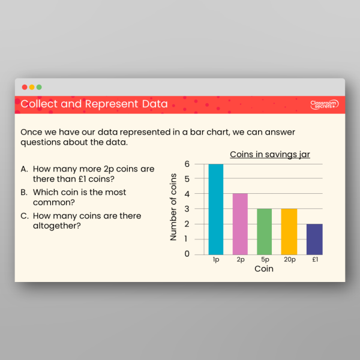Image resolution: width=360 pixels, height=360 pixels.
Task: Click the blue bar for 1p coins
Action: click(215, 209)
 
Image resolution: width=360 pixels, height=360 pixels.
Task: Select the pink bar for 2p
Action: click(240, 224)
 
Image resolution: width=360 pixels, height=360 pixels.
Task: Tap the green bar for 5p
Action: click(264, 232)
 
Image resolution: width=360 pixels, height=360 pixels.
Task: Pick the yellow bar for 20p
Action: click(289, 232)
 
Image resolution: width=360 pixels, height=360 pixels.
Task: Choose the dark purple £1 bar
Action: click(314, 239)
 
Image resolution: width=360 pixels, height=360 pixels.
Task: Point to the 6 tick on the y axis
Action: click(187, 164)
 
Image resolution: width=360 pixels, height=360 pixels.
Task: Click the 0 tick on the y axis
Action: click(187, 254)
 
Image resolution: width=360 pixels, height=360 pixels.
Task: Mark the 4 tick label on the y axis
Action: click(187, 194)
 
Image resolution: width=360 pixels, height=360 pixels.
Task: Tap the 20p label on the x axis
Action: click(289, 260)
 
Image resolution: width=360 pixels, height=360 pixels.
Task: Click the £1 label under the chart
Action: click(314, 260)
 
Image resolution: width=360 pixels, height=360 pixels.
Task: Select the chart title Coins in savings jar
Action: click(270, 154)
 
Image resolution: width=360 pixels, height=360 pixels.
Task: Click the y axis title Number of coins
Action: click(173, 207)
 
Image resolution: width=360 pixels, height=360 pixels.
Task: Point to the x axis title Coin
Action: click(264, 269)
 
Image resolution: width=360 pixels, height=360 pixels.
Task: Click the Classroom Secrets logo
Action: click(323, 104)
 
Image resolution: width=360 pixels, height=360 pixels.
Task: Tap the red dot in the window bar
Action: click(25, 87)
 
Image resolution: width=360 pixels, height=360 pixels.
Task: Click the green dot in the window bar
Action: click(39, 87)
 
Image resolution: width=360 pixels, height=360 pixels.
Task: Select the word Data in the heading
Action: click(154, 104)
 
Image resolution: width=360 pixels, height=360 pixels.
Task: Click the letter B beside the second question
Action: click(24, 193)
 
